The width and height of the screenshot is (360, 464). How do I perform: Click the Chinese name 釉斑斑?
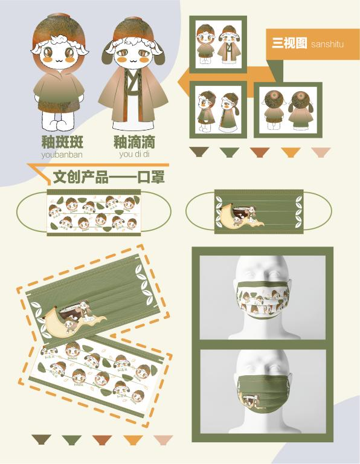62,142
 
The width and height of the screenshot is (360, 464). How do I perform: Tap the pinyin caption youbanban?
62,155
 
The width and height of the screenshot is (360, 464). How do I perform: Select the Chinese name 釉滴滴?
134,142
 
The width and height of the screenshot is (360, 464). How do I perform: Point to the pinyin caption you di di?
134,154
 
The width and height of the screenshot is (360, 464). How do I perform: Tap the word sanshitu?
327,44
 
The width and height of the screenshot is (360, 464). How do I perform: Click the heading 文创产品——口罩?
109,177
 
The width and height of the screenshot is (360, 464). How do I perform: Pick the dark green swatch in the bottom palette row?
72,440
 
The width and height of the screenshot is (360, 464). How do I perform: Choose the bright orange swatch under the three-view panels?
291,152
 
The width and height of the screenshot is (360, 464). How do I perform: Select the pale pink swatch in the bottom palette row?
163,440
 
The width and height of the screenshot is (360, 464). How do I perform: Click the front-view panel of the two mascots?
218,44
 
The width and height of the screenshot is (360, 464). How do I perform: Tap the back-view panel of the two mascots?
288,110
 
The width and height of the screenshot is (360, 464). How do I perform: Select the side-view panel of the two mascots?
218,110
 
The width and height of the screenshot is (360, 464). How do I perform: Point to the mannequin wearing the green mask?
263,391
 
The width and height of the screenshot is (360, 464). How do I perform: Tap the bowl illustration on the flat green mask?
240,212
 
